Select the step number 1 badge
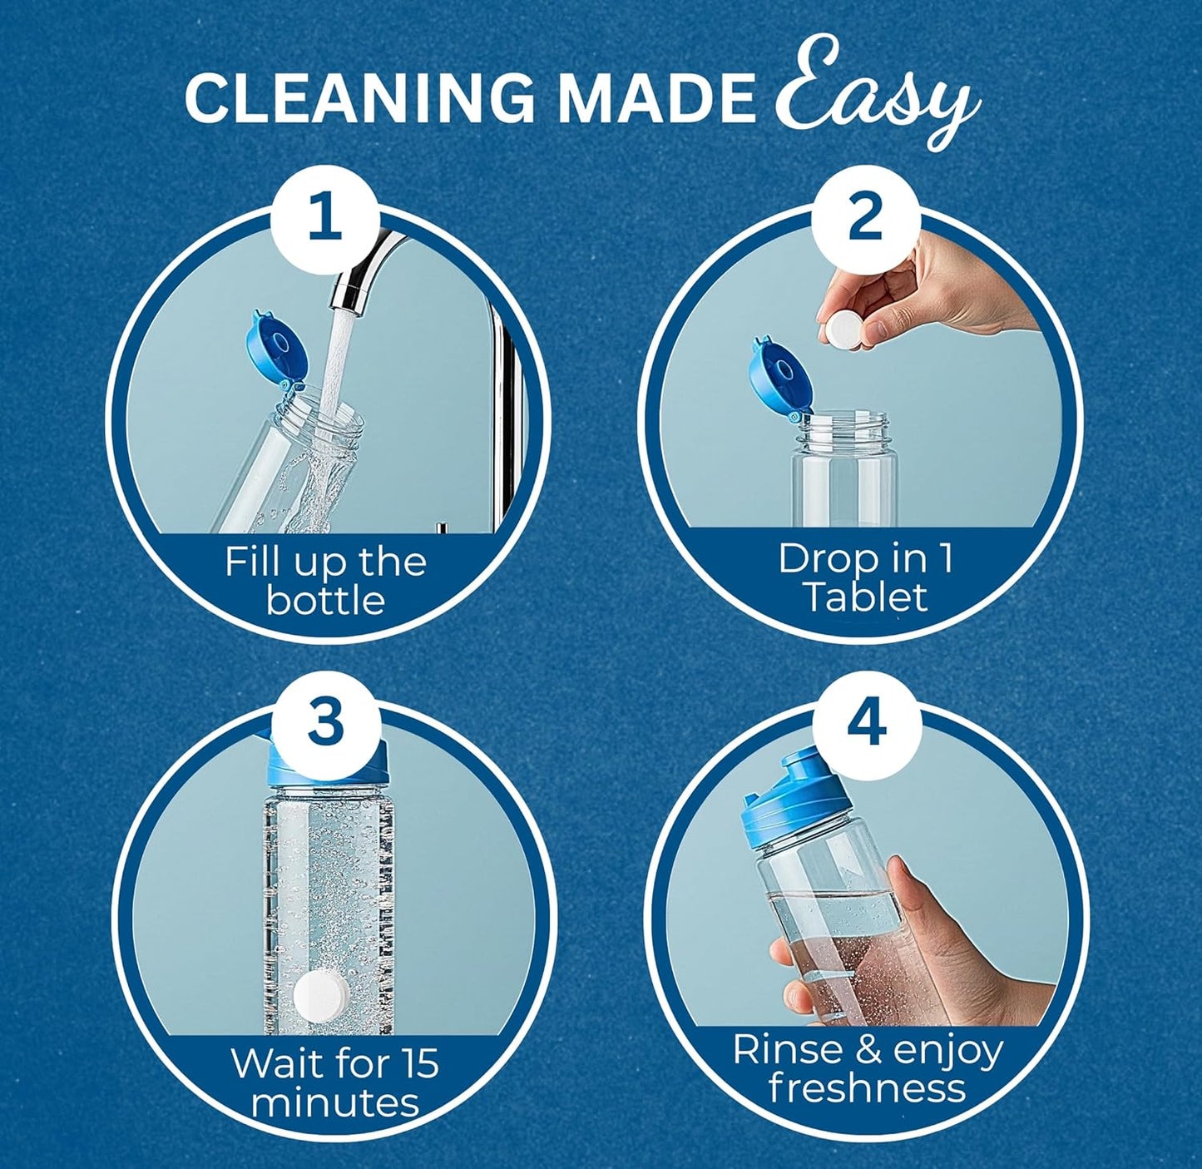click(x=325, y=216)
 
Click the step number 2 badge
click(x=866, y=216)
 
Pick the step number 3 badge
click(x=325, y=721)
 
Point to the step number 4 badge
click(x=866, y=724)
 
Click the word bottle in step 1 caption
click(x=325, y=601)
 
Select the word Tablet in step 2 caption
click(x=865, y=597)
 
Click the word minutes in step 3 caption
click(x=334, y=1102)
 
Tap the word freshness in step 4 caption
click(x=867, y=1087)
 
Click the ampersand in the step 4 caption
click(x=867, y=1050)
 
